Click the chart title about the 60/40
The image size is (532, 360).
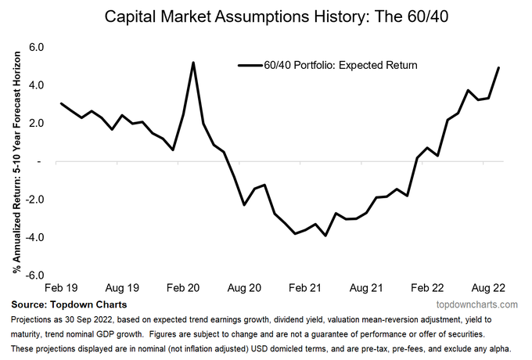[x=265, y=15]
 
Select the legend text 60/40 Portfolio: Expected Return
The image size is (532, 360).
[x=340, y=66]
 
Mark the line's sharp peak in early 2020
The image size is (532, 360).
[x=193, y=63]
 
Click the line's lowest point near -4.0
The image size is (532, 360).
[x=325, y=236]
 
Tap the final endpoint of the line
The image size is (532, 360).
[x=498, y=68]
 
